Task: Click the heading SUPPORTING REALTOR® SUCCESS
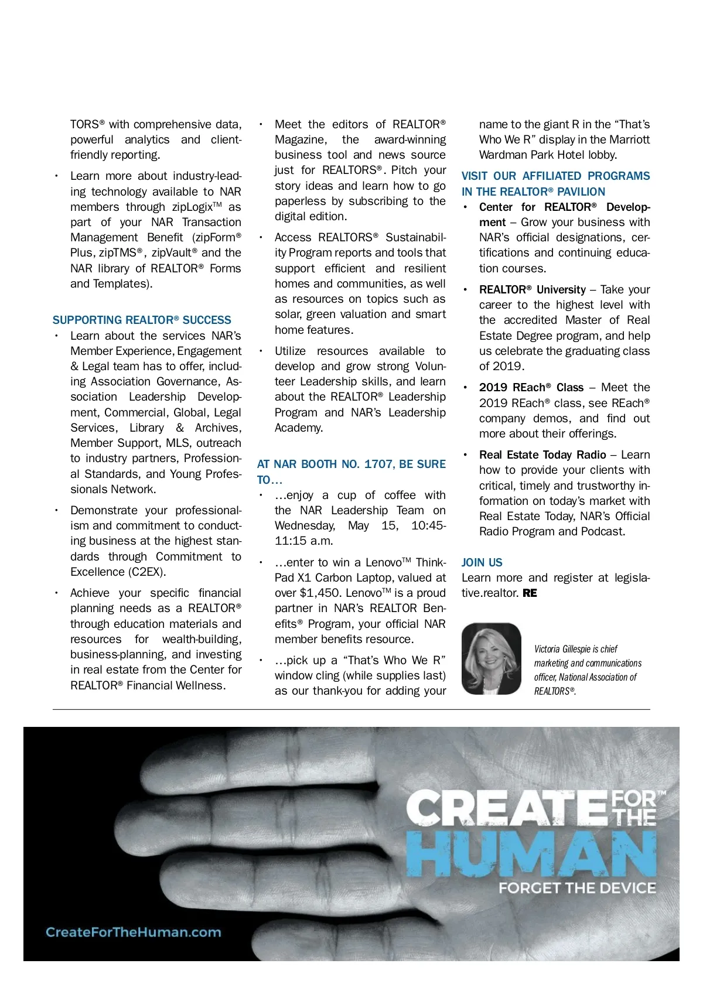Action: [x=142, y=320]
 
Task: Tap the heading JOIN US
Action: [x=482, y=562]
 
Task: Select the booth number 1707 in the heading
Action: [x=378, y=464]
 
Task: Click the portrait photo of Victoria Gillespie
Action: [x=491, y=658]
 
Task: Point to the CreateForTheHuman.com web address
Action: [x=134, y=932]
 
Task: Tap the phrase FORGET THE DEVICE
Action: [x=576, y=888]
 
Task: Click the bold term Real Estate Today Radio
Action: [x=542, y=455]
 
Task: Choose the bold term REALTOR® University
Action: [x=532, y=289]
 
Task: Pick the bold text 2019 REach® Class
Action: [x=531, y=387]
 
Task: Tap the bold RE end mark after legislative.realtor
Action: [x=530, y=593]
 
